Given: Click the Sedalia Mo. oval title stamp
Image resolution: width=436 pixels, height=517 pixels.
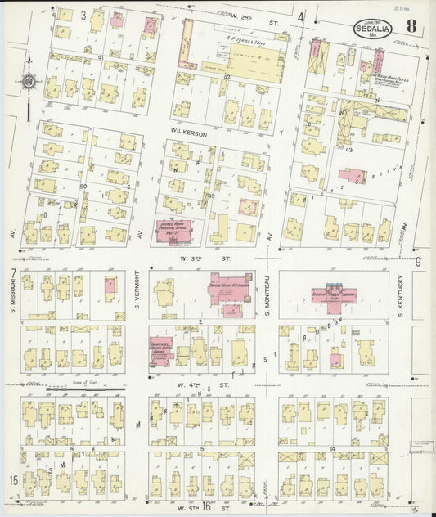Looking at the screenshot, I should tap(371, 29).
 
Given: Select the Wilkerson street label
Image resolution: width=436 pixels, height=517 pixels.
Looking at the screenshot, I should tap(187, 129).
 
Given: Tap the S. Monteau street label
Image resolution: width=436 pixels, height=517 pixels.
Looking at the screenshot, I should tap(270, 299).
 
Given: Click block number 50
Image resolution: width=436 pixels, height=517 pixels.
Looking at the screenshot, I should tap(83, 187).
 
